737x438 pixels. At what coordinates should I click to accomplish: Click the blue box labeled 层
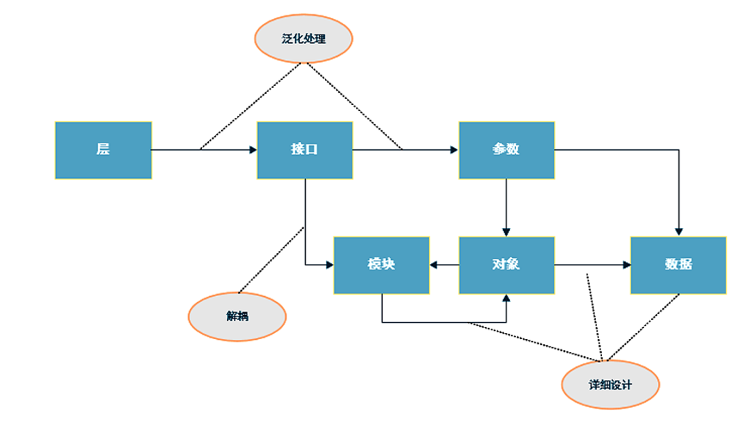pyautogui.click(x=103, y=150)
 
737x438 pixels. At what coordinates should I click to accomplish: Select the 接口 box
pyautogui.click(x=304, y=150)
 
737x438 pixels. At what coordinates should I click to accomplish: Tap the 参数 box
pyautogui.click(x=506, y=150)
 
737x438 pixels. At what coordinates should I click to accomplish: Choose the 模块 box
pyautogui.click(x=381, y=265)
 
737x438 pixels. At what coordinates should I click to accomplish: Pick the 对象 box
pyautogui.click(x=506, y=265)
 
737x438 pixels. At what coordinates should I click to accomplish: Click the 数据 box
pyautogui.click(x=678, y=265)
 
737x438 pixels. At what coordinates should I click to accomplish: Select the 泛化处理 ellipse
pyautogui.click(x=304, y=39)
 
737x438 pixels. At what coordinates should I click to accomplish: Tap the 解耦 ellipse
pyautogui.click(x=237, y=317)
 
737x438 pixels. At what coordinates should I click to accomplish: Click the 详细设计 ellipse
pyautogui.click(x=610, y=385)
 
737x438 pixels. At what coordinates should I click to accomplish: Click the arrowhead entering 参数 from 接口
pyautogui.click(x=454, y=149)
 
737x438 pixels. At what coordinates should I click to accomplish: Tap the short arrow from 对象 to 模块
pyautogui.click(x=444, y=265)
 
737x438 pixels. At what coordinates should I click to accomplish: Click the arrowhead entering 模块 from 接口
pyautogui.click(x=329, y=265)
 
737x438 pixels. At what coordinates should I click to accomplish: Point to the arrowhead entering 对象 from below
pyautogui.click(x=506, y=299)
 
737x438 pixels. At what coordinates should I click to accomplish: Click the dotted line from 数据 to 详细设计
pyautogui.click(x=645, y=327)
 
